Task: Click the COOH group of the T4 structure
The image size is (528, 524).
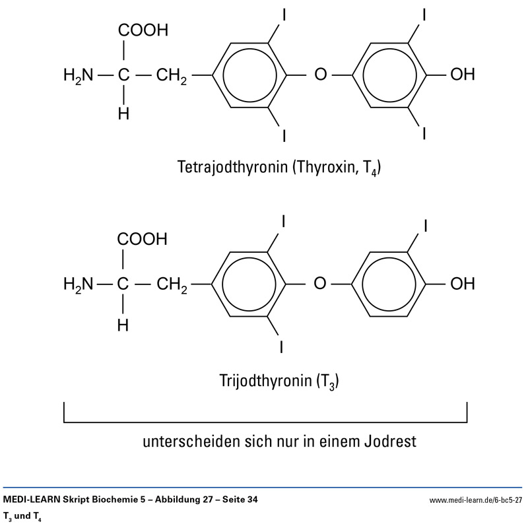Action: [143, 31]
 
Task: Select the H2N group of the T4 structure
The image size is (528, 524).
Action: [78, 75]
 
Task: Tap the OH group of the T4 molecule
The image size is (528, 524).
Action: [461, 75]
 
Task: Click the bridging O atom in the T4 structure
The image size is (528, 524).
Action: [320, 75]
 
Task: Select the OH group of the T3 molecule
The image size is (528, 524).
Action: [461, 285]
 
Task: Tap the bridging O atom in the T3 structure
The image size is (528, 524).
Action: [320, 285]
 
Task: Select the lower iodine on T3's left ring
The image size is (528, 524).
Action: [284, 345]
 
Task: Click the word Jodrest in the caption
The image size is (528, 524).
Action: [390, 441]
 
